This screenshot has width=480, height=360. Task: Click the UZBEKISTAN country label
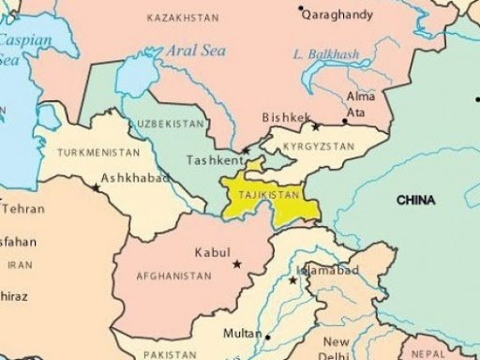point(168,124)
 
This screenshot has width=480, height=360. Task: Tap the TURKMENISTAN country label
point(98,151)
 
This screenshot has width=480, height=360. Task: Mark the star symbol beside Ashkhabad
point(97,188)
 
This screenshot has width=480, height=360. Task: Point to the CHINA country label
point(415,200)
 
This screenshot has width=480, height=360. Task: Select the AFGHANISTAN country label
point(173,277)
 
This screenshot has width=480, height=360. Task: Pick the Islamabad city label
point(327,270)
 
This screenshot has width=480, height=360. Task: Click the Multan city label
point(242,334)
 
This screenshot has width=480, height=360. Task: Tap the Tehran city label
point(18,208)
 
